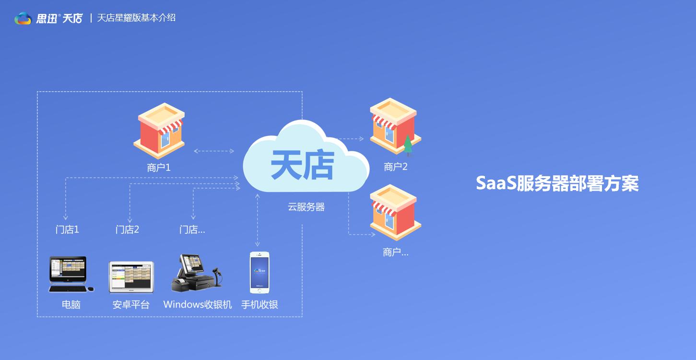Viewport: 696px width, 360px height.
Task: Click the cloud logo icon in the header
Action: (x=23, y=18)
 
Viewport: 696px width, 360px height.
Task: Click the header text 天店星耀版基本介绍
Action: (x=136, y=18)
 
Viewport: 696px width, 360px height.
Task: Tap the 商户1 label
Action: (x=159, y=168)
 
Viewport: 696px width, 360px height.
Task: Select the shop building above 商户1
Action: (x=159, y=131)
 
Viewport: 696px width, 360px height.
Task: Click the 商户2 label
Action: (x=396, y=167)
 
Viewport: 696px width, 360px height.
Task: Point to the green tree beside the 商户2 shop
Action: (x=408, y=145)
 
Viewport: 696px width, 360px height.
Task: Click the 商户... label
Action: (x=396, y=252)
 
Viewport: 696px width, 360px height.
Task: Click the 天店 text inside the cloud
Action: (x=302, y=165)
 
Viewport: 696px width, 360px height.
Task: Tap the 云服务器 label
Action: (x=306, y=207)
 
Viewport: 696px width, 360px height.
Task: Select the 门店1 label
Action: (x=67, y=230)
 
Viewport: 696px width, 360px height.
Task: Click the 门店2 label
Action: (x=127, y=230)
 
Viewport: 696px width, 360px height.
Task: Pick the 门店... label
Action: (x=192, y=230)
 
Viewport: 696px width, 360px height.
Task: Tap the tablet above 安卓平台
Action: (x=131, y=277)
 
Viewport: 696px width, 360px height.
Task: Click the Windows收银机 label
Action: (x=198, y=304)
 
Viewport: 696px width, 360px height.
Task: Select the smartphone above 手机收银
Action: (x=260, y=273)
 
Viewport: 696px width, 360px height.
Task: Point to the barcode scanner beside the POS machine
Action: (x=217, y=276)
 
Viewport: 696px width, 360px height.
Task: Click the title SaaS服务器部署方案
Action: (x=557, y=183)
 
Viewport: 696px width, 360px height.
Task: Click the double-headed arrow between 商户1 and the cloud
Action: (x=214, y=151)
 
